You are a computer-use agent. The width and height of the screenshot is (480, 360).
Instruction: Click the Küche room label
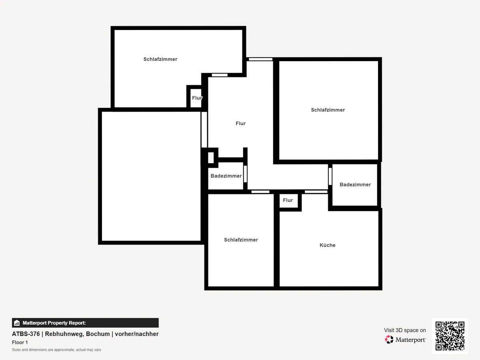[x=327, y=245]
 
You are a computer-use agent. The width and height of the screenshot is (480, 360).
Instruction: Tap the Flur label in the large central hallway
[x=240, y=124]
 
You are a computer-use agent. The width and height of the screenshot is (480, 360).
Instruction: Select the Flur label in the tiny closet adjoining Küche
[x=288, y=200]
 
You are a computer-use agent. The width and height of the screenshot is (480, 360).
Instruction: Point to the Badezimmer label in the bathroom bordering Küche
[x=355, y=185]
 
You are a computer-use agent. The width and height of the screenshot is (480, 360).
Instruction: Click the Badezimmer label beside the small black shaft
[x=226, y=176]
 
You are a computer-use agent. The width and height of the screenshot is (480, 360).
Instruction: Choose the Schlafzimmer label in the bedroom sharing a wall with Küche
[x=241, y=240]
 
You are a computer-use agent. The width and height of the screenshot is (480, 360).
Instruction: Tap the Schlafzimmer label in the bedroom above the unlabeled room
[x=160, y=59]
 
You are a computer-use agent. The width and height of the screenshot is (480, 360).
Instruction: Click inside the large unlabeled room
[x=151, y=176]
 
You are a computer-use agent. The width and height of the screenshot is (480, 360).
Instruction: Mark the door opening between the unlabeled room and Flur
[x=204, y=130]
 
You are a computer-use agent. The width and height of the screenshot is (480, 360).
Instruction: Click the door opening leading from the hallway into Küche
[x=316, y=192]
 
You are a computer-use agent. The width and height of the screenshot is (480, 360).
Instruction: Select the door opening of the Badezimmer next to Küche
[x=330, y=176]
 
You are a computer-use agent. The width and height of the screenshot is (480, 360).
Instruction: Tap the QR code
[x=450, y=336]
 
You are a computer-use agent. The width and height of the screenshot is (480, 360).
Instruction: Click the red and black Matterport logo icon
[x=389, y=340]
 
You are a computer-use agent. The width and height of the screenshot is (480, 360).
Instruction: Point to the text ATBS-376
[x=26, y=334]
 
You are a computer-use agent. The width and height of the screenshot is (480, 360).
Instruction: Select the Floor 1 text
[x=20, y=342]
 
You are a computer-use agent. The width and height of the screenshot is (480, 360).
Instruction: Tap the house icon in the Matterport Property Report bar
[x=17, y=323]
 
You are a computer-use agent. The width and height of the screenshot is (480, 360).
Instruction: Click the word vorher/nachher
[x=137, y=334]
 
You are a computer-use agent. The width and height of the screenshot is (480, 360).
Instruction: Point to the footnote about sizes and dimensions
[x=56, y=350]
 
